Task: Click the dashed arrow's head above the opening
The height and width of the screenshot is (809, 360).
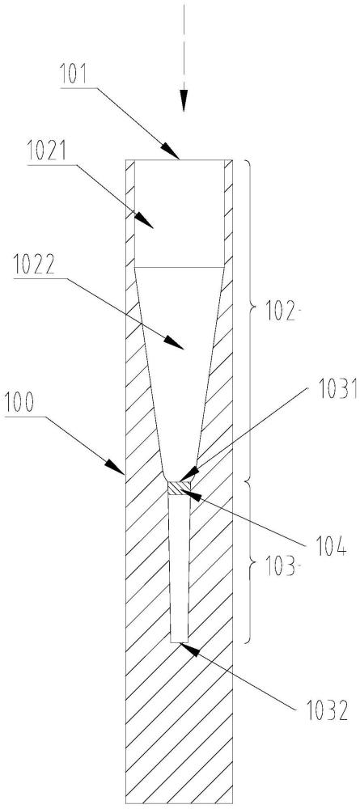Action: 184,101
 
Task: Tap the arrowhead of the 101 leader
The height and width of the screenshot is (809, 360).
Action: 171,152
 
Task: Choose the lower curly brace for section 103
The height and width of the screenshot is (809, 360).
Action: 250,562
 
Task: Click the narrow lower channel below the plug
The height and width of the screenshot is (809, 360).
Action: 180,568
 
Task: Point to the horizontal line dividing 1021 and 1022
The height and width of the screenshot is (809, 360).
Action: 180,267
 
